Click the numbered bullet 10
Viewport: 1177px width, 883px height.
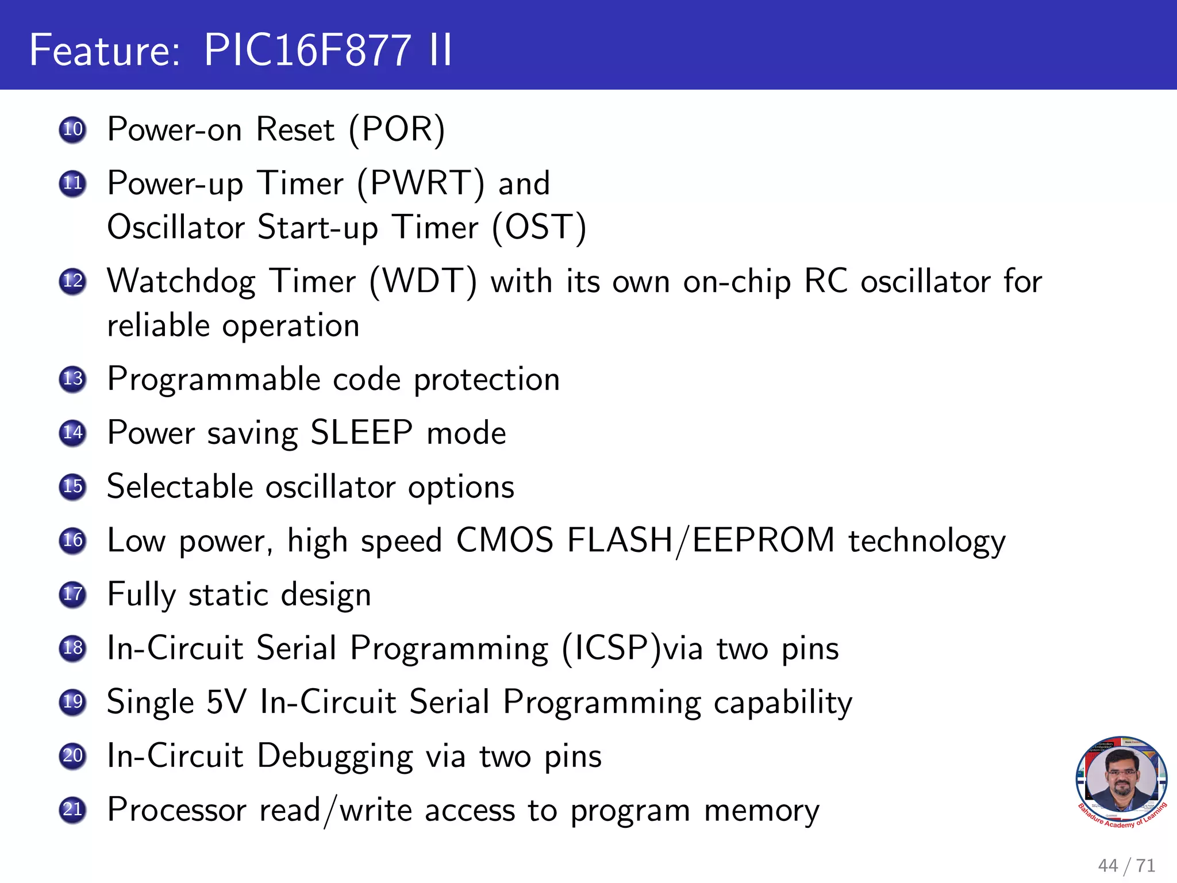pos(72,129)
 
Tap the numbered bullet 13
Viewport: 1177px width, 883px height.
pos(72,379)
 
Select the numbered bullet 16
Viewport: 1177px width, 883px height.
pos(72,540)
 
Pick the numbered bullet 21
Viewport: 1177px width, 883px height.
pos(72,809)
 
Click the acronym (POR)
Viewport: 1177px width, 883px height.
pos(397,129)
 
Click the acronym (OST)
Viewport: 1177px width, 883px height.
pos(539,227)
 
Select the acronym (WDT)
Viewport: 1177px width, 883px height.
pos(423,282)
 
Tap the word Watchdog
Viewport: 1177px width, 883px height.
pos(181,282)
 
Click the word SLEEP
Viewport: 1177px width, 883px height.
pos(361,432)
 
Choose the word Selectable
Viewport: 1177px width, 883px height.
pos(180,486)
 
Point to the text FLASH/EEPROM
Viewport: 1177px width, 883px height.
pos(700,540)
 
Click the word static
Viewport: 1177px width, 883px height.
pos(228,594)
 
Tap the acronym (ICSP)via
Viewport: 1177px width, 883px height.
pos(632,648)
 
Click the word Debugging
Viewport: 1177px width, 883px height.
pos(334,756)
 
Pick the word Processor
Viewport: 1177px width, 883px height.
pos(177,810)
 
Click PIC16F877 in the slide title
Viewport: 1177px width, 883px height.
pos(307,50)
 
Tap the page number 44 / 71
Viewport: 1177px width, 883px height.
pos(1126,865)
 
